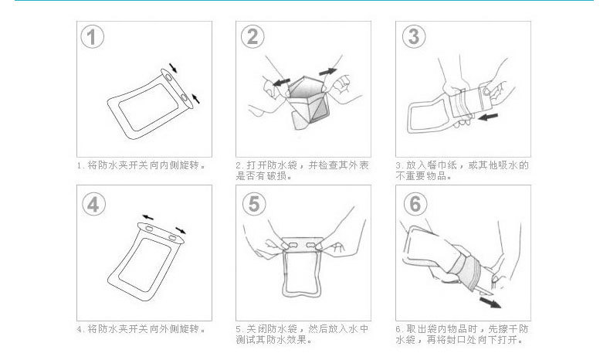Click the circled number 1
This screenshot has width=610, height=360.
point(92,37)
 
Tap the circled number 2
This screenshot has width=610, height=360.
point(252,36)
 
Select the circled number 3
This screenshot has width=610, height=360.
point(414,36)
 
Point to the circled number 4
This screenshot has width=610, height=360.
point(93,204)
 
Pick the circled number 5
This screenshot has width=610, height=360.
point(254,203)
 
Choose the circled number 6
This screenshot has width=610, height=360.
point(415,203)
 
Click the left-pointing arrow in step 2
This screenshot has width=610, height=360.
point(281,82)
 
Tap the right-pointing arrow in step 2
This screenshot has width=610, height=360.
point(327,72)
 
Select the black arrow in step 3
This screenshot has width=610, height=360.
point(488,117)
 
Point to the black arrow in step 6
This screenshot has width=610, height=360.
point(490,302)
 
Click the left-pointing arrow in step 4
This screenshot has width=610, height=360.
point(147,217)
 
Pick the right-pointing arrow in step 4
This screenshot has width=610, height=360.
point(181,230)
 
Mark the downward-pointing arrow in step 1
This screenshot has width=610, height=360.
point(173,68)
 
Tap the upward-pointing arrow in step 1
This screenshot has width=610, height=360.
point(195,98)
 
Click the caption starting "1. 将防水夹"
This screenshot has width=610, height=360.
point(141,165)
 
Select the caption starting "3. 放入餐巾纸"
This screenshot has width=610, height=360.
point(463,171)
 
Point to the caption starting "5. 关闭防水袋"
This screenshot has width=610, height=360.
point(302,335)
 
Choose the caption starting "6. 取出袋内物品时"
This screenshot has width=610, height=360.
point(463,335)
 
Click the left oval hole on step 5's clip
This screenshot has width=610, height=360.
point(294,245)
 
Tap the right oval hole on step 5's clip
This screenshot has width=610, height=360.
point(312,245)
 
